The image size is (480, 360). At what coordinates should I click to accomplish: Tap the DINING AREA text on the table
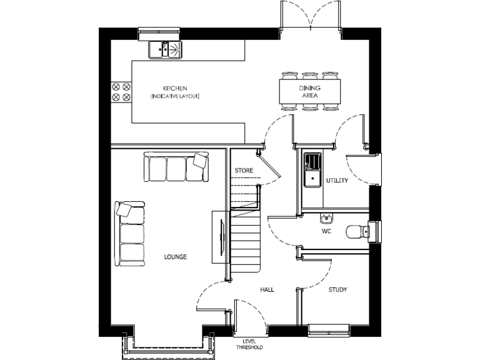(309, 92)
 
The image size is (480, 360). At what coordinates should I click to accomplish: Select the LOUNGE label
(175, 257)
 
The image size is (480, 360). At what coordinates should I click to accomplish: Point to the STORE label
(244, 170)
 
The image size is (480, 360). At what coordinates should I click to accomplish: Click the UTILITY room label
(336, 181)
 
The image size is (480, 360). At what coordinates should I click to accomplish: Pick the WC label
(326, 231)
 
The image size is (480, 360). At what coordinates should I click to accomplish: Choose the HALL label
(267, 290)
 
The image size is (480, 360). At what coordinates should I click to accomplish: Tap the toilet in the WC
(357, 231)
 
